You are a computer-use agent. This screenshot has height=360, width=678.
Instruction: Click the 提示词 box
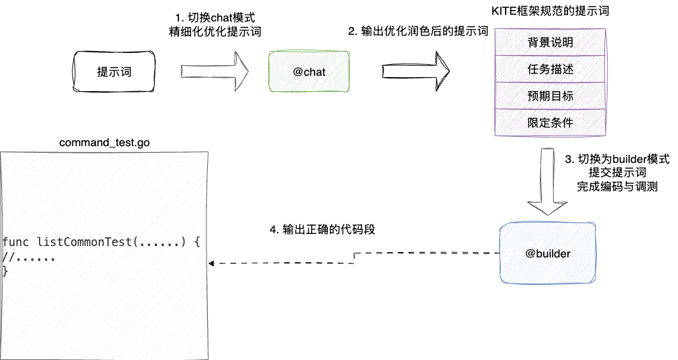pyautogui.click(x=114, y=72)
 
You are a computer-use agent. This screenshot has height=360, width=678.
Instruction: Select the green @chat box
pyautogui.click(x=309, y=72)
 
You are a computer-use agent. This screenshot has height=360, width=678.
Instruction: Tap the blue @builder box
pyautogui.click(x=549, y=253)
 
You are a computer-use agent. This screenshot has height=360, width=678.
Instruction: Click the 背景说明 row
pyautogui.click(x=550, y=43)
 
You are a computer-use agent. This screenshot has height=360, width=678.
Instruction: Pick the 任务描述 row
pyautogui.click(x=550, y=70)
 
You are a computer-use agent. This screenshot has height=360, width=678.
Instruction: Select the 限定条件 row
pyautogui.click(x=550, y=123)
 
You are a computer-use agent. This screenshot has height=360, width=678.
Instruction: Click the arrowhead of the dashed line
pyautogui.click(x=213, y=263)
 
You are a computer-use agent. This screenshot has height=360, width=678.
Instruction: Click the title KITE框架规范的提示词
pyautogui.click(x=550, y=11)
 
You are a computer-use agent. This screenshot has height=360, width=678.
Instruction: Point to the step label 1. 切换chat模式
pyautogui.click(x=215, y=18)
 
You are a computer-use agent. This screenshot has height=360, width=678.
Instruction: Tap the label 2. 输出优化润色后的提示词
pyautogui.click(x=417, y=32)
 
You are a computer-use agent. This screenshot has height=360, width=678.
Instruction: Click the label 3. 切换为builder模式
pyautogui.click(x=617, y=160)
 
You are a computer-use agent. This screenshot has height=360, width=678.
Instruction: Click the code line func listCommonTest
pyautogui.click(x=101, y=242)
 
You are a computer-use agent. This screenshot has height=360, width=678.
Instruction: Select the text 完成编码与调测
pyautogui.click(x=617, y=187)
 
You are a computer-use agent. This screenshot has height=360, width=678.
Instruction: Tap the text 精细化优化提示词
pyautogui.click(x=215, y=32)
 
